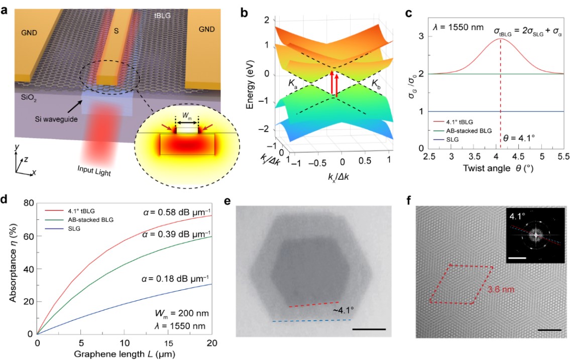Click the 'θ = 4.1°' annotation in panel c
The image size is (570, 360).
[x=522, y=136]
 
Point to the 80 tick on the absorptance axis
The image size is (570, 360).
[x=27, y=203]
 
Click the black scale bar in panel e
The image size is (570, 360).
[x=369, y=329]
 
